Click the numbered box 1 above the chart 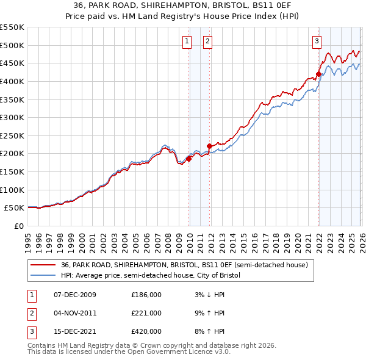coord(186,41)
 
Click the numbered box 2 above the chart coord(207,41)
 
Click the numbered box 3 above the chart coord(317,41)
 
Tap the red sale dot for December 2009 coord(188,159)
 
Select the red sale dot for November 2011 coord(209,146)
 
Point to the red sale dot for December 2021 coord(318,74)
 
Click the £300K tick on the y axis coord(12,117)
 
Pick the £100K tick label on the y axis coord(12,190)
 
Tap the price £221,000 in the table coord(146,313)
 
